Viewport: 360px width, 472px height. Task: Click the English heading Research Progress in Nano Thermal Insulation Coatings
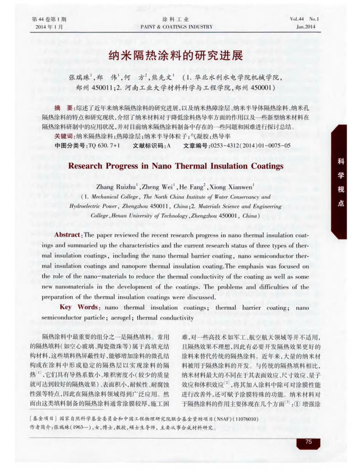coord(176,166)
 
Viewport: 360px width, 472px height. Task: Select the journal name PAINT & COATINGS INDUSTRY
coord(176,27)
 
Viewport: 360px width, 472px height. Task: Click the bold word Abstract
coord(69,235)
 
